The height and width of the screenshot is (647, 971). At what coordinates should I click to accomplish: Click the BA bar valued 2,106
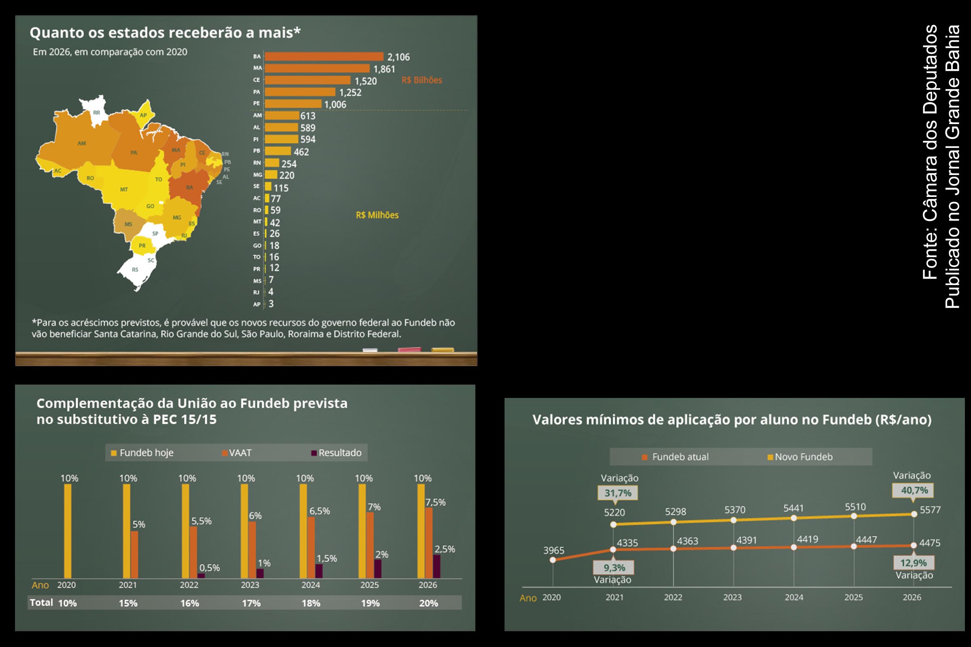click(324, 57)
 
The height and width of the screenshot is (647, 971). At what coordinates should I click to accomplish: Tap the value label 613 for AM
click(307, 116)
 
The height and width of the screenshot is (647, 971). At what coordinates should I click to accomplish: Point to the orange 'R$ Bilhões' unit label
click(422, 80)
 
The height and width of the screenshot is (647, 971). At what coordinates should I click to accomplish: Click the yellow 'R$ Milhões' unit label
click(377, 215)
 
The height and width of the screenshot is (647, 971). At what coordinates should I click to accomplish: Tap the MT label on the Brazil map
click(124, 189)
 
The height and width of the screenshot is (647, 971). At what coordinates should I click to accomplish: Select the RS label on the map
click(135, 269)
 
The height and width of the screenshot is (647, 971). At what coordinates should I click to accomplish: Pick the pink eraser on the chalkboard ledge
click(409, 349)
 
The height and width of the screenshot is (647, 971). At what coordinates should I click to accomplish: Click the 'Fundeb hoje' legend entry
click(142, 452)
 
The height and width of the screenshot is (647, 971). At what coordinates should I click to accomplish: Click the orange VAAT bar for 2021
click(134, 554)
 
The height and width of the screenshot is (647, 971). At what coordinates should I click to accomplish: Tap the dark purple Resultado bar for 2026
click(437, 566)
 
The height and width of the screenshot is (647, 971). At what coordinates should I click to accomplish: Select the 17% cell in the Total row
click(251, 603)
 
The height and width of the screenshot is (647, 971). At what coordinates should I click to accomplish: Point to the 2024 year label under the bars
click(310, 585)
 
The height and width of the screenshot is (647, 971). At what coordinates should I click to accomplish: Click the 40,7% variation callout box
click(914, 490)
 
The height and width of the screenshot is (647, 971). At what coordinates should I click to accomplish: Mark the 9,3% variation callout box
click(614, 568)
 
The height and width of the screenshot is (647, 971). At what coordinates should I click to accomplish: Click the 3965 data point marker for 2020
click(553, 560)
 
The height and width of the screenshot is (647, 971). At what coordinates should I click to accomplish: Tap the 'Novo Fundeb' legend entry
click(800, 457)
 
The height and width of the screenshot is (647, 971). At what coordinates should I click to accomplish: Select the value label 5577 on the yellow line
click(930, 510)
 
